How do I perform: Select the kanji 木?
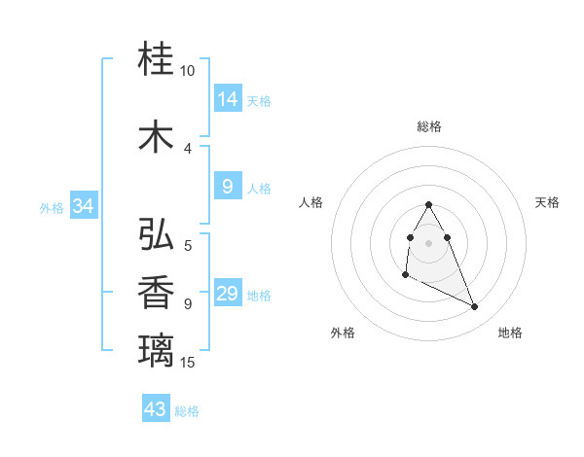point(157,136)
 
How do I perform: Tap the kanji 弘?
point(157,234)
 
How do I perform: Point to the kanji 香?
point(157,293)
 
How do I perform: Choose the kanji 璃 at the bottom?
point(157,349)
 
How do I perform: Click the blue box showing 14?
point(228,98)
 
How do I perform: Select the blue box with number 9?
point(228,186)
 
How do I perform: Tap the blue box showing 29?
point(228,294)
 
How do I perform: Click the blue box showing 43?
point(156,408)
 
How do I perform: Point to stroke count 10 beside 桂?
point(188,71)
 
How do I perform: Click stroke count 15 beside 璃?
point(188,363)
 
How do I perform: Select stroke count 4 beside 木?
point(188,148)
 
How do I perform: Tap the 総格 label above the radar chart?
point(429,126)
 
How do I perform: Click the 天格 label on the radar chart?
point(547,202)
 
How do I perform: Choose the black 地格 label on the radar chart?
point(510,334)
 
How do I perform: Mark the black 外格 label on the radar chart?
point(343,334)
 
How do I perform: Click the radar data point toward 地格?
point(475,307)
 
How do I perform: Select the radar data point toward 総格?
point(428,205)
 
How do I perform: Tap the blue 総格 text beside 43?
point(188,411)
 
